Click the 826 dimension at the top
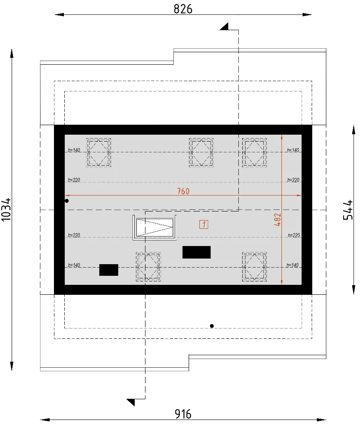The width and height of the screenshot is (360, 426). coord(183,9)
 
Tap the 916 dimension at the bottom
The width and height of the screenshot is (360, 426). coord(183,414)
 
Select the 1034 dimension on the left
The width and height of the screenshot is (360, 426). coord(6,209)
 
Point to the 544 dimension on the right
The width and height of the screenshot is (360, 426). coord(348,209)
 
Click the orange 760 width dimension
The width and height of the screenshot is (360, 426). coord(183,191)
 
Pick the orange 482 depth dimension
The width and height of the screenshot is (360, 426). coord(278,220)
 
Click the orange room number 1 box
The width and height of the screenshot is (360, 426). coord(204,224)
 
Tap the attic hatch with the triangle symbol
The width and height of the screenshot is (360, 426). coord(155,227)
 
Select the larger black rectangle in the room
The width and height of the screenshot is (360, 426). coord(196,252)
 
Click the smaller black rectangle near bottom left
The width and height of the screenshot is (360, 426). coord(109,270)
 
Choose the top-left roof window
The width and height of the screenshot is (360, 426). coord(98,152)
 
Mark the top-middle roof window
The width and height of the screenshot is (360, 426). coord(201,152)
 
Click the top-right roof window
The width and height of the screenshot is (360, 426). coord(254,152)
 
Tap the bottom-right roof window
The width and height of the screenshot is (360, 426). coord(254,267)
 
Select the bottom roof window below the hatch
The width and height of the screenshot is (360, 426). coord(148,267)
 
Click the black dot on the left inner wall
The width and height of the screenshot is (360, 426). coord(66,201)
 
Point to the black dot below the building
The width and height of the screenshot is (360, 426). coord(212,326)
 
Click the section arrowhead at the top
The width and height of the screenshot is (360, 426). coord(224,27)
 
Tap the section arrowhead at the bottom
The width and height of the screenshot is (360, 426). coord(131,402)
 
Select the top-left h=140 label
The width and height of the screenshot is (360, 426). coord(74,150)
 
